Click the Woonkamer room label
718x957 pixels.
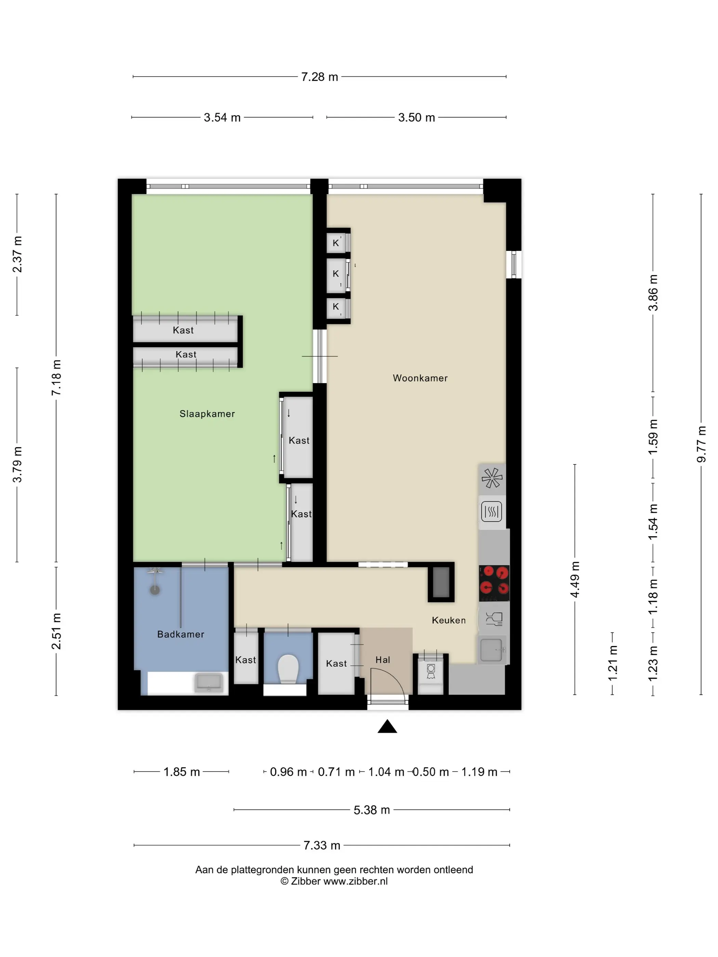coord(420,378)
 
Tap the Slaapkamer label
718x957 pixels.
coord(207,414)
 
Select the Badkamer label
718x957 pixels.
coord(181,634)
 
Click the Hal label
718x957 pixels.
coord(383,660)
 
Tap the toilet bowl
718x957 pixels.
coord(288,669)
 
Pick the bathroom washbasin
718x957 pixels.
coord(209,682)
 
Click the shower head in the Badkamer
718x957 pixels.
coord(155,590)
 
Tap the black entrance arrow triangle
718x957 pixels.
coord(387,726)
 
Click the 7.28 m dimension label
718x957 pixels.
coord(319,77)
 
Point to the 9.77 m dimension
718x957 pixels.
coord(701,444)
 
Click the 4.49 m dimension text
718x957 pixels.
coord(575,580)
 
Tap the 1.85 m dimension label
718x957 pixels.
coord(181,772)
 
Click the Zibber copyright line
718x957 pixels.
coord(334,881)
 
